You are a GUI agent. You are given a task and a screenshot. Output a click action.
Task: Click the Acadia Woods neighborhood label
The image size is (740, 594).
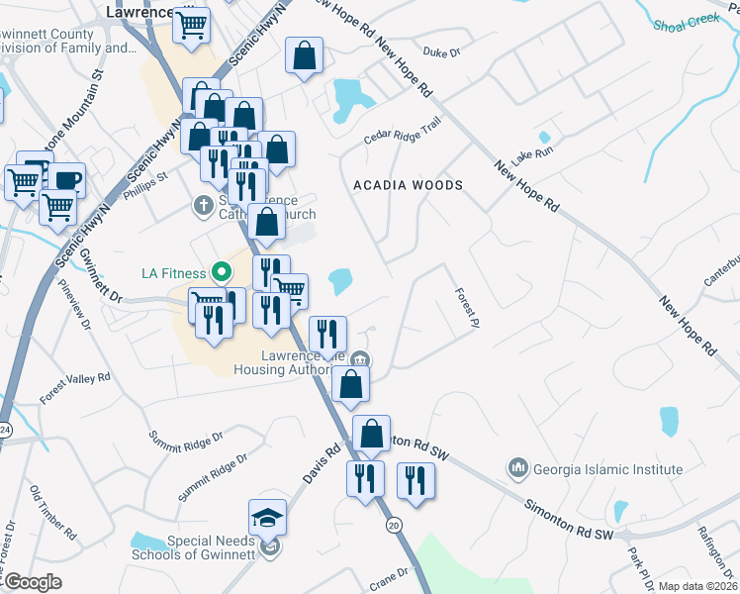point(409,185)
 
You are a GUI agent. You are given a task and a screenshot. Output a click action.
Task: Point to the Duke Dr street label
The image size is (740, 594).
point(441,55)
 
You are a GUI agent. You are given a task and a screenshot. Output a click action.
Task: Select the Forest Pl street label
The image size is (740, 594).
point(467,308)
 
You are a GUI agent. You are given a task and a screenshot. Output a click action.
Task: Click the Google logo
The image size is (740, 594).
point(33,582)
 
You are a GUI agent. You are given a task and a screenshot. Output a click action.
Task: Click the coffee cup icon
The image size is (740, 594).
point(66,180)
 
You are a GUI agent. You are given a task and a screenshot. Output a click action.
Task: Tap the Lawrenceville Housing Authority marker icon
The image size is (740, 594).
point(361,358)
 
